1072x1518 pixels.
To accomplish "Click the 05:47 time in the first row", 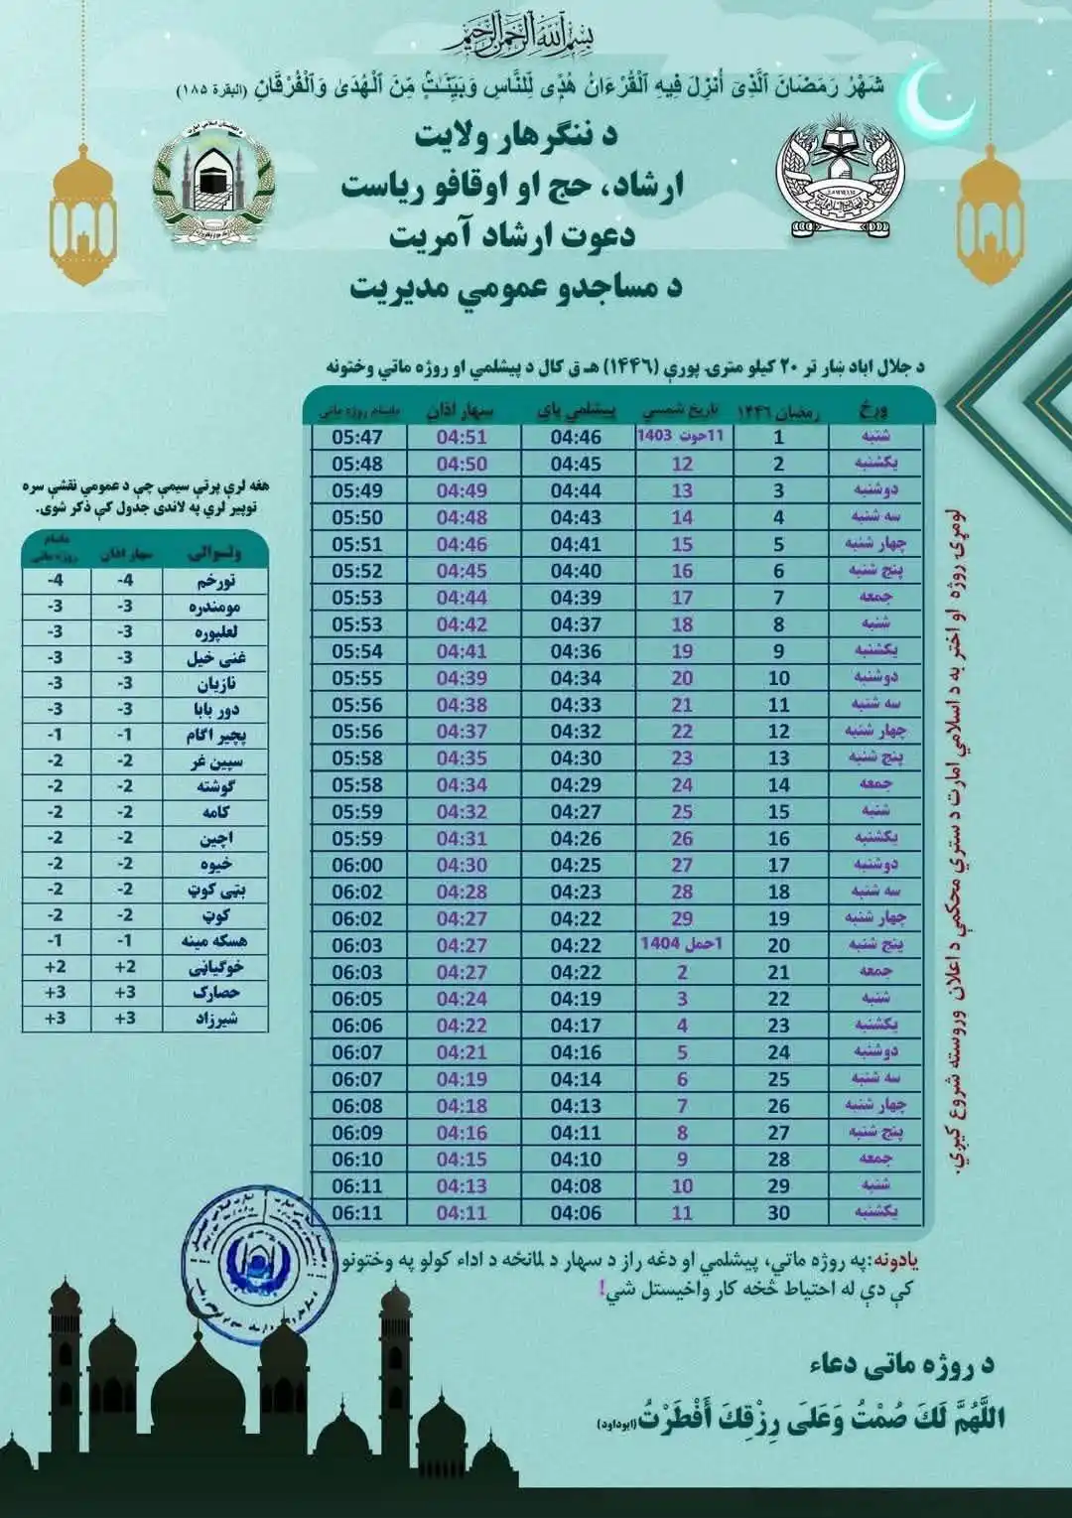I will click(x=357, y=437).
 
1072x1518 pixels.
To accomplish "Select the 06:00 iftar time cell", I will click(x=357, y=865).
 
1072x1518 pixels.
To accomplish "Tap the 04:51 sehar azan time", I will click(x=462, y=437).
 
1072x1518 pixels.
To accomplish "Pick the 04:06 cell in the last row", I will click(x=576, y=1212).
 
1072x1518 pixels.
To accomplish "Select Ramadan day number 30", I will click(x=779, y=1212).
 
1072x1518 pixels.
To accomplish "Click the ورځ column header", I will click(x=874, y=409).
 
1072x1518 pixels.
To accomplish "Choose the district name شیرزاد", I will click(x=212, y=1019).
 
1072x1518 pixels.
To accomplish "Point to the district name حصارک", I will click(x=214, y=993).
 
